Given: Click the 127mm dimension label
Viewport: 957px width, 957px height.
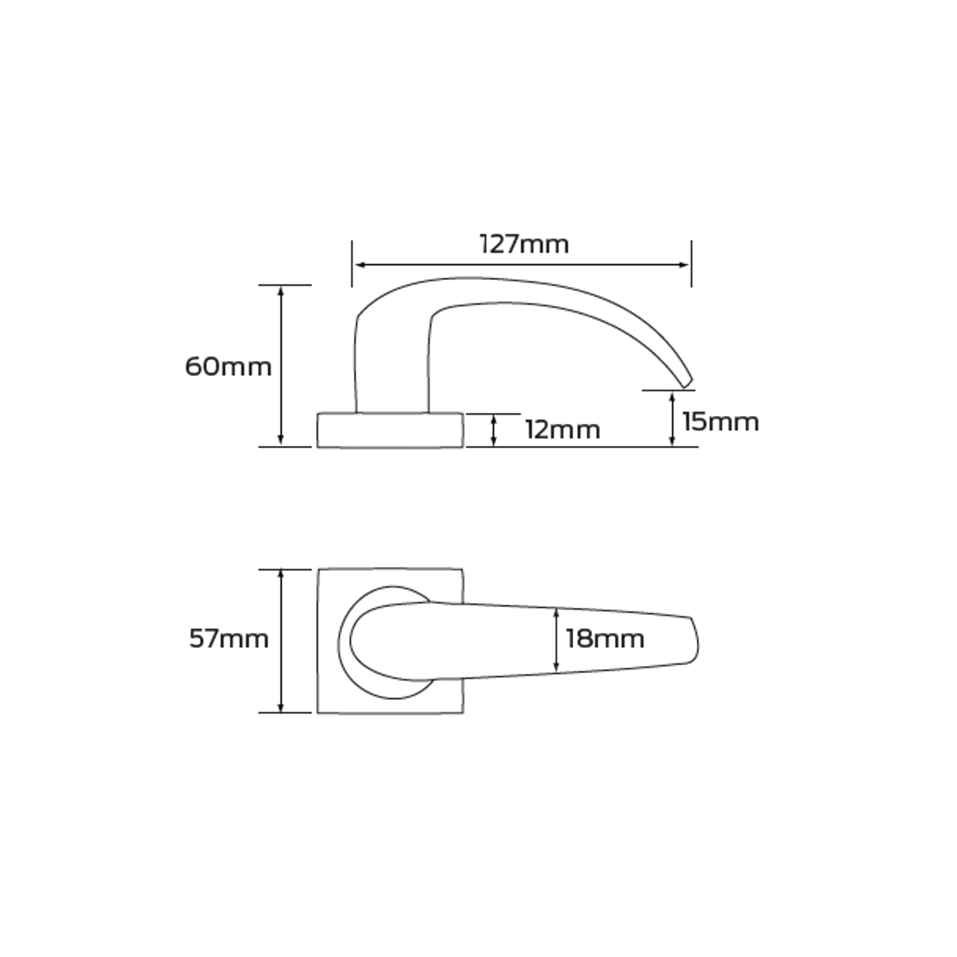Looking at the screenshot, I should pos(524,244).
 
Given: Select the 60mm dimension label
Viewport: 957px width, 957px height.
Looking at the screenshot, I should pos(228,367).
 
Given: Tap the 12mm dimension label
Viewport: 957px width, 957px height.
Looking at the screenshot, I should pos(562,430).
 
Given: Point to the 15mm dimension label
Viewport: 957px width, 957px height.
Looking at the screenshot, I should pos(720,422).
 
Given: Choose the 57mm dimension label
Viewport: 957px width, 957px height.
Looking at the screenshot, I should pos(228,638).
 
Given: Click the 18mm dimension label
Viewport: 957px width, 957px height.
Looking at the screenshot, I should pos(605,638).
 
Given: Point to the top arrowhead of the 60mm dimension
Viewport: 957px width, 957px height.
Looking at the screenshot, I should pos(280,291).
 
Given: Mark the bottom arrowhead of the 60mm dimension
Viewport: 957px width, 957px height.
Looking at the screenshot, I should pos(280,440).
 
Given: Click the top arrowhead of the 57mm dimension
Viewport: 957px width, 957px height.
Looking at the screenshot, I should pos(280,574).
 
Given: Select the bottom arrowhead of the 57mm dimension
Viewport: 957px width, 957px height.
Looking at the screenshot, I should pos(280,707).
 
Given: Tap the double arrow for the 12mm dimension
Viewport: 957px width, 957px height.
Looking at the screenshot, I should pos(494,431).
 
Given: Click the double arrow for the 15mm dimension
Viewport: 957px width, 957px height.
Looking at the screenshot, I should pos(672,419).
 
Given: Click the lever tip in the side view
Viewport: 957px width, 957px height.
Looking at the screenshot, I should pos(687,381).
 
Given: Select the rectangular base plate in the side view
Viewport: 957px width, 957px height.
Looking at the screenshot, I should pos(390,430).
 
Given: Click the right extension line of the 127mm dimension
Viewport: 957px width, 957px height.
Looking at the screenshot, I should pos(691,263).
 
